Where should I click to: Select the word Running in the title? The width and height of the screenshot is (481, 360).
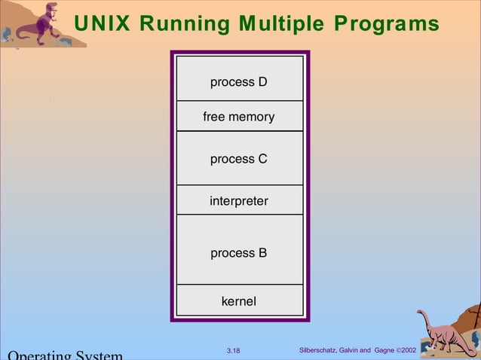click(x=174, y=24)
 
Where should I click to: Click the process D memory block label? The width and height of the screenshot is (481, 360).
click(x=239, y=81)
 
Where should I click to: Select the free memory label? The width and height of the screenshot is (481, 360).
click(x=239, y=117)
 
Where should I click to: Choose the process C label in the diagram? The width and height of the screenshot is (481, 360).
click(x=239, y=159)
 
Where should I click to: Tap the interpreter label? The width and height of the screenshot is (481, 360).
click(x=239, y=201)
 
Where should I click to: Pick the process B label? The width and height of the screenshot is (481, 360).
click(x=239, y=253)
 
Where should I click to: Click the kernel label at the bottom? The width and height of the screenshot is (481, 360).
click(x=239, y=301)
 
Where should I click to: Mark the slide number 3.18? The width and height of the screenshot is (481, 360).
click(x=233, y=351)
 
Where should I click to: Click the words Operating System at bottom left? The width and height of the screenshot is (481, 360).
click(x=64, y=355)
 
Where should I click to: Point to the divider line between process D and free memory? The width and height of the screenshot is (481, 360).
click(x=239, y=101)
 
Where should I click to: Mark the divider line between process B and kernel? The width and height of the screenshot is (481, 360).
click(x=239, y=285)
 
